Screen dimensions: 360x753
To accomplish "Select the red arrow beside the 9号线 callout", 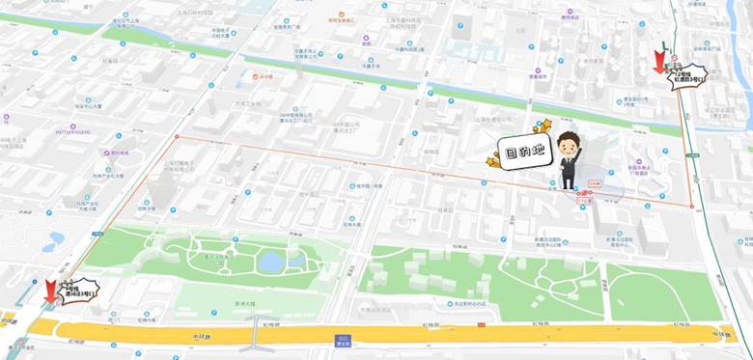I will pyautogui.click(x=50, y=289).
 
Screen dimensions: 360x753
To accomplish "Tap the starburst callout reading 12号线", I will pyautogui.click(x=689, y=76).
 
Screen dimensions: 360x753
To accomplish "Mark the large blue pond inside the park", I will pyautogui.click(x=271, y=261).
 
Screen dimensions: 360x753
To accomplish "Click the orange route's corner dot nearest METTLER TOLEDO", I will pyautogui.click(x=176, y=137).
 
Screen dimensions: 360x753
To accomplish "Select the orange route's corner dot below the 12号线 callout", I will pyautogui.click(x=692, y=206).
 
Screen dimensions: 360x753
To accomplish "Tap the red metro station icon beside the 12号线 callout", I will pyautogui.click(x=673, y=68).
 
